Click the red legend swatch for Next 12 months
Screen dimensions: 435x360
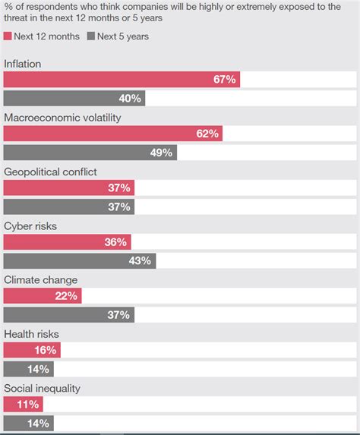pyautogui.click(x=8, y=36)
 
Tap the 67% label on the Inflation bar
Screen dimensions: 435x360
pyautogui.click(x=225, y=80)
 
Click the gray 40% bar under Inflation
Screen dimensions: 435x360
pyautogui.click(x=74, y=99)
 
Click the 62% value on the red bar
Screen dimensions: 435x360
pyautogui.click(x=207, y=134)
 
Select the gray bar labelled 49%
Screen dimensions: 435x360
pyautogui.click(x=90, y=153)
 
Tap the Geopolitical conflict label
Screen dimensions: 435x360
pyautogui.click(x=50, y=172)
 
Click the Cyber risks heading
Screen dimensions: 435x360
pyautogui.click(x=30, y=226)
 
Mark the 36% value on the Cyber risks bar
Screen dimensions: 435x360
pyautogui.click(x=116, y=242)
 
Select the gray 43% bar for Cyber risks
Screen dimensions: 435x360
pyautogui.click(x=80, y=260)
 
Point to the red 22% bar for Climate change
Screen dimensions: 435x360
pyautogui.click(x=43, y=296)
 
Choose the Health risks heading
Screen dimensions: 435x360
pyautogui.click(x=31, y=334)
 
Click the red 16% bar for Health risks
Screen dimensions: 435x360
pyautogui.click(x=32, y=350)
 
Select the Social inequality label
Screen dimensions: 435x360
pyautogui.click(x=42, y=388)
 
